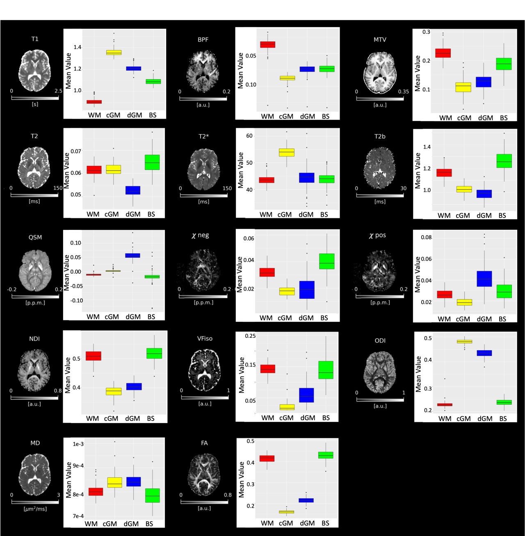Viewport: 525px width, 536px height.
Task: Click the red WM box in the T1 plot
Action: tap(94, 102)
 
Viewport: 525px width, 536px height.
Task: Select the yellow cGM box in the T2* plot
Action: tap(287, 153)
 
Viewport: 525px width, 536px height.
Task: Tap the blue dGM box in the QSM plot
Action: tap(132, 255)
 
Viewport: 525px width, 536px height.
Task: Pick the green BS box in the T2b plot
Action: tap(504, 160)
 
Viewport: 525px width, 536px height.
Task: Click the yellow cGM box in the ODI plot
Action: tap(464, 341)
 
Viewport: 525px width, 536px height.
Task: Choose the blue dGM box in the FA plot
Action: tap(306, 500)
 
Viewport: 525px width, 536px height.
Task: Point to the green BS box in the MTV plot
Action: tap(504, 64)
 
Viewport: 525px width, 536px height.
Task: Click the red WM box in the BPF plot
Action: tap(268, 44)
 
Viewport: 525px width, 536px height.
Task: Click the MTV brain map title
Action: tap(380, 40)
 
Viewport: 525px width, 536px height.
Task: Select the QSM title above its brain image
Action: tap(35, 237)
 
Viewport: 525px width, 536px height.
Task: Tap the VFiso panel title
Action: tap(205, 339)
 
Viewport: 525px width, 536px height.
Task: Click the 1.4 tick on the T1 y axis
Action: tap(78, 47)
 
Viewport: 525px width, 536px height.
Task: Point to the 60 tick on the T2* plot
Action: tap(249, 136)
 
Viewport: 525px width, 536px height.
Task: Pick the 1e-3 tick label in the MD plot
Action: tap(78, 444)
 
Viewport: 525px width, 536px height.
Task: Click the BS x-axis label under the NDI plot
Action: tap(151, 419)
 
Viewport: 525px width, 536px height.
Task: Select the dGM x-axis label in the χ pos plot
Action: tap(484, 319)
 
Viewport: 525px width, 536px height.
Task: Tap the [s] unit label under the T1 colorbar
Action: tap(35, 104)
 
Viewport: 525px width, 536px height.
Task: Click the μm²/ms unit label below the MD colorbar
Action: tap(35, 509)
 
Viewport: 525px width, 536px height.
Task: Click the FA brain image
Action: tap(204, 474)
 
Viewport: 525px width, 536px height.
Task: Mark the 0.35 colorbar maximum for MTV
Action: tap(403, 92)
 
